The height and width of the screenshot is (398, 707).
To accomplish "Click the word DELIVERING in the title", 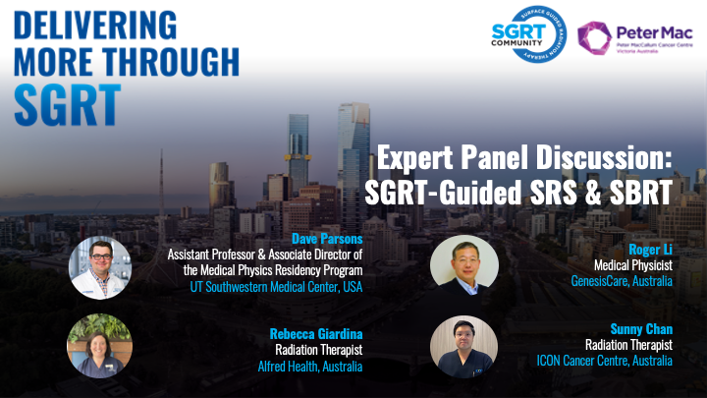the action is pos(95,26).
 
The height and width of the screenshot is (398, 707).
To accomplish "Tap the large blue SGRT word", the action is pos(68,105).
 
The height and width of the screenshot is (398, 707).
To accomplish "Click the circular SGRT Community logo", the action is pos(529,34).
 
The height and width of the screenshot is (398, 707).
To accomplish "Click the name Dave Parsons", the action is pos(327,238).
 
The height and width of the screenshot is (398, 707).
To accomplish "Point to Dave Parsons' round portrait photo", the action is pos(100,267).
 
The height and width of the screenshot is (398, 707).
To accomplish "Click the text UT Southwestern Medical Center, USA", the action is pos(276,287).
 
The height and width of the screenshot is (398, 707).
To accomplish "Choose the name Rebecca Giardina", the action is pos(316,334).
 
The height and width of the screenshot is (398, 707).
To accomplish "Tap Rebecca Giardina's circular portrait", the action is pos(99,346).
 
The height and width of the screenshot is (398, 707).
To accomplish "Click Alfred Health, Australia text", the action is pos(310,366).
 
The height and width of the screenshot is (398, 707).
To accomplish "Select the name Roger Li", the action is pos(650,249).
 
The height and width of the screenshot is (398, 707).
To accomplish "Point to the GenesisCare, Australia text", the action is pos(622,281).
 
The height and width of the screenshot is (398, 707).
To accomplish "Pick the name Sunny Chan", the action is pos(641,328).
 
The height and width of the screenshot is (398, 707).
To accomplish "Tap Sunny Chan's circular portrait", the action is pos(463,347).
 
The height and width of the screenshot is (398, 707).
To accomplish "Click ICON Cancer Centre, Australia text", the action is pos(604,361).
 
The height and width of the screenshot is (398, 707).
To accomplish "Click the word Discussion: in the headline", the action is pos(604,157).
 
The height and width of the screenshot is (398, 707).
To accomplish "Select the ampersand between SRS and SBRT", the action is pos(593,193).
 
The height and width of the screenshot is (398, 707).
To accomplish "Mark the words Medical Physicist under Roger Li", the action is pos(633,265).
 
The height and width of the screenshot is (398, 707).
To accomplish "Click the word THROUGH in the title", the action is pos(171,62).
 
